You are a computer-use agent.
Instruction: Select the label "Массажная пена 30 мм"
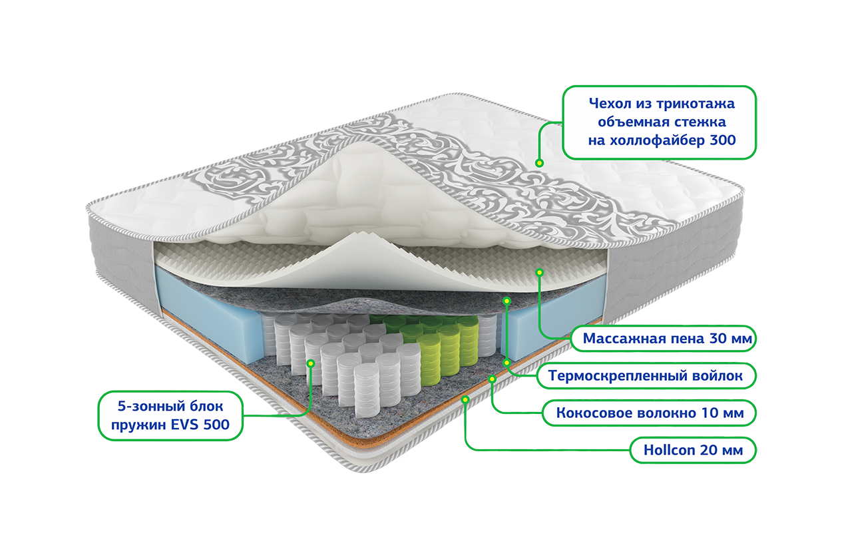pos(668,339)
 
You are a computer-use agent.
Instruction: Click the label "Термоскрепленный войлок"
pos(644,376)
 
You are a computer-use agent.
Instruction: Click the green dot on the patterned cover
pos(539,162)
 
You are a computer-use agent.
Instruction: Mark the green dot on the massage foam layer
pos(540,272)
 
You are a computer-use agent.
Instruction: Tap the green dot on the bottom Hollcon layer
pos(465,399)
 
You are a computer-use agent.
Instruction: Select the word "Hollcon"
pos(669,451)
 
